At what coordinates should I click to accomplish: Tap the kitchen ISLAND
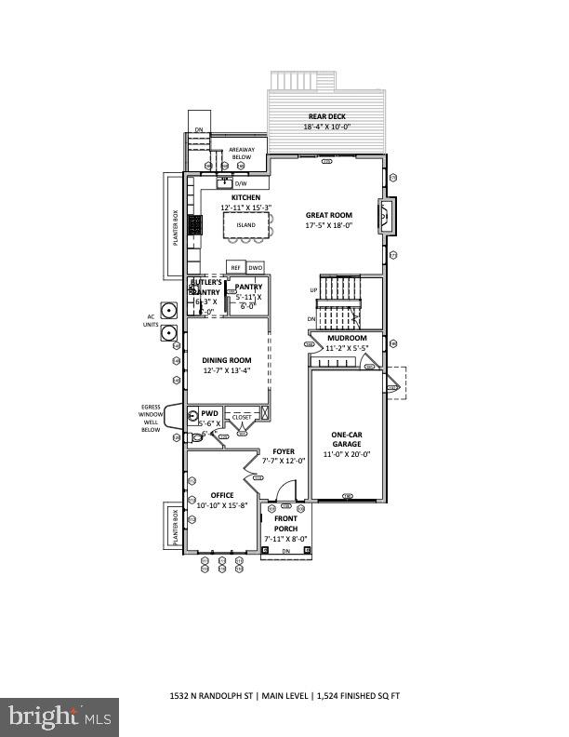click(245, 225)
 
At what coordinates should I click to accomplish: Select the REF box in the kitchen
click(235, 267)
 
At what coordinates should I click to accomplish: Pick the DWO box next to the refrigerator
click(255, 267)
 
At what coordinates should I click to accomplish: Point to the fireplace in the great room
click(386, 215)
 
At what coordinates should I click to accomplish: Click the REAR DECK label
click(326, 116)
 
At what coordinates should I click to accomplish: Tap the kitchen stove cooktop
click(195, 226)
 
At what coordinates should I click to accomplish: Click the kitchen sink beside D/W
click(224, 182)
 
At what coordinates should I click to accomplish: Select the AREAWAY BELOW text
click(241, 154)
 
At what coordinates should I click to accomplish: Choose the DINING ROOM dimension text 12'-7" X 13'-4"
click(226, 370)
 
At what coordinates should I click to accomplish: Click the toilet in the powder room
click(194, 417)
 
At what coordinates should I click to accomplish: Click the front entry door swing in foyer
click(287, 490)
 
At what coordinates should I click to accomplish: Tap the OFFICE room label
click(222, 495)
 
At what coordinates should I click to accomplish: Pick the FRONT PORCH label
click(285, 525)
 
